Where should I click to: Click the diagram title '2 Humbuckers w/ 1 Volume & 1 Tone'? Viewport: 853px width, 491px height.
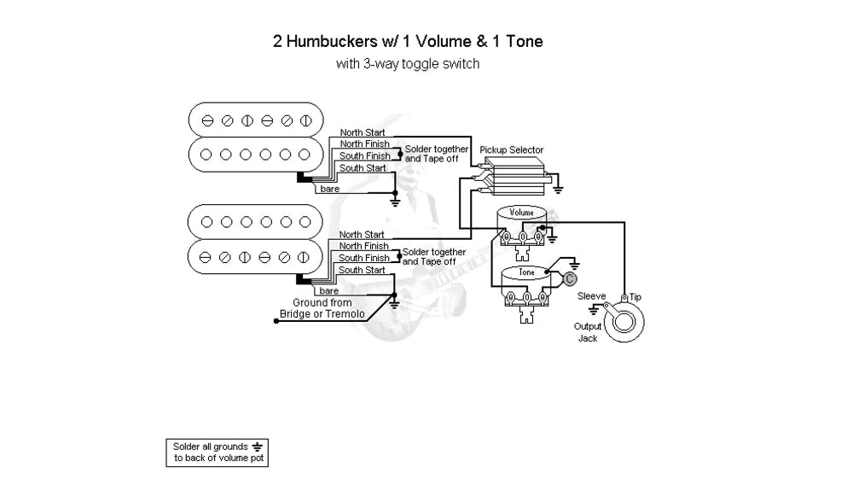[x=407, y=41]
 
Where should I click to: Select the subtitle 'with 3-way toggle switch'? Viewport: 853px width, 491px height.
[x=407, y=63]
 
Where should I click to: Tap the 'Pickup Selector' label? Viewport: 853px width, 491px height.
[x=511, y=150]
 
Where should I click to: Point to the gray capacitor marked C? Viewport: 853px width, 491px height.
[x=570, y=278]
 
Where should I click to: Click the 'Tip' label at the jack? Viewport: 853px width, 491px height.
[x=635, y=296]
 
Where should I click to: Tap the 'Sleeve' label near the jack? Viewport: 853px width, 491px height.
[x=592, y=295]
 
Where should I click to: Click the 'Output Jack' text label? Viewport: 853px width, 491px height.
[x=588, y=332]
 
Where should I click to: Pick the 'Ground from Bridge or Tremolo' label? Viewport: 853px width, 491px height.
[x=322, y=309]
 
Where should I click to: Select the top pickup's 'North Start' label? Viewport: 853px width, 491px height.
[x=362, y=132]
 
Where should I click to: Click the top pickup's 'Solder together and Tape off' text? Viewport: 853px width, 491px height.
[x=436, y=155]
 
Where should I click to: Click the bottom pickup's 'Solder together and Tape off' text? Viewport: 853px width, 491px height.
[x=434, y=257]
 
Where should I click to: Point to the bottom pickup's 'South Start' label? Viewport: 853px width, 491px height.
[x=362, y=270]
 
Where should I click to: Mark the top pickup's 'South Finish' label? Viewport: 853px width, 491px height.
[x=364, y=156]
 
